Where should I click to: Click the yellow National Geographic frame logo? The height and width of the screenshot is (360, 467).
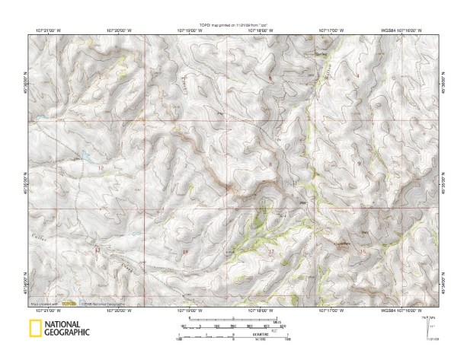click(x=34, y=329)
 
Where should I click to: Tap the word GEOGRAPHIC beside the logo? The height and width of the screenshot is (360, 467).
click(x=67, y=333)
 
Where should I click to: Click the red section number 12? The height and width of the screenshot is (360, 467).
click(x=100, y=167)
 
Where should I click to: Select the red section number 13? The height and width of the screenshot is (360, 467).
click(x=97, y=250)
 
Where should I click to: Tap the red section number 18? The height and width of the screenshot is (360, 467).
click(x=184, y=251)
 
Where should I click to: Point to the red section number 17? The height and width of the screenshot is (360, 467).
click(x=271, y=250)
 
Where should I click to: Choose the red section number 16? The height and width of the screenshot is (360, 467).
click(x=363, y=250)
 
